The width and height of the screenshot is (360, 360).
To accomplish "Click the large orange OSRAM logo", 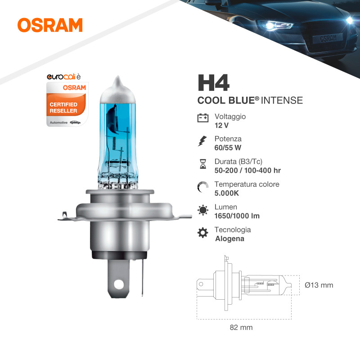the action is point(50,25).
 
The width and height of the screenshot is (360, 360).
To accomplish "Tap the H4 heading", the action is point(213,83).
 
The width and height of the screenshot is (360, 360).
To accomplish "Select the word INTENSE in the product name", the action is point(282,100).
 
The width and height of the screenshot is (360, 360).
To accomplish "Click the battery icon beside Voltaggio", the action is point(203,118).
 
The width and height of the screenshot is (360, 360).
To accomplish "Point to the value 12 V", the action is point(221,126).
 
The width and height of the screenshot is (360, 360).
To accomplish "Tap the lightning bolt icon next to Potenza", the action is point(202,141).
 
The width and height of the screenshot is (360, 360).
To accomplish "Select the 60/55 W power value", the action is point(228,148).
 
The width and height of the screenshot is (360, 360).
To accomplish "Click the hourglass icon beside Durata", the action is point(203,164).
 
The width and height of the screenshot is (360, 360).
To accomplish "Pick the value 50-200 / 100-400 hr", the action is point(247,171).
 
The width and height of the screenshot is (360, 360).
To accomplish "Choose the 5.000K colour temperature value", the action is point(227,193).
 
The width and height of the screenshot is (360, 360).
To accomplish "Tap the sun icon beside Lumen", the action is point(203,210).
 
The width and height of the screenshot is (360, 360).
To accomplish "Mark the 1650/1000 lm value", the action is point(237,216).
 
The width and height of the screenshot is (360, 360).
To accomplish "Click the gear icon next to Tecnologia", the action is point(203,233).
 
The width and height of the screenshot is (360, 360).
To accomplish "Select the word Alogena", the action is point(229,239).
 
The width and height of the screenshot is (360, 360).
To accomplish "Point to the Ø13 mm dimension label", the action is point(319,285).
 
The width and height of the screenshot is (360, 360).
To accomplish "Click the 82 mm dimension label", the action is point(241,328).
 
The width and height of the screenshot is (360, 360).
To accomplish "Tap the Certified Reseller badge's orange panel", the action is point(66,106).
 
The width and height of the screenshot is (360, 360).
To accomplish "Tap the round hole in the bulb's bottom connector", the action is point(119,285).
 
